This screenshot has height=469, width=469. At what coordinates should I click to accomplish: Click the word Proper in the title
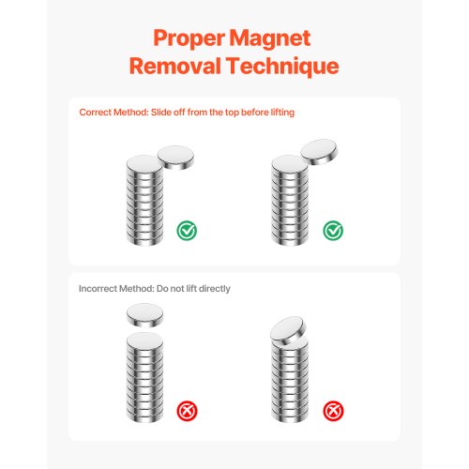point(189,39)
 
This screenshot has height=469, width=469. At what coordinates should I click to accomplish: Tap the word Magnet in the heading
point(270,39)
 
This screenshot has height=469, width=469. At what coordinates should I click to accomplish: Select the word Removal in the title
point(175,66)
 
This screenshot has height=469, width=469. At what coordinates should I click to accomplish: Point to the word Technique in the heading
point(282,67)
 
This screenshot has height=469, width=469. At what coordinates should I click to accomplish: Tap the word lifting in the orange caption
point(282,113)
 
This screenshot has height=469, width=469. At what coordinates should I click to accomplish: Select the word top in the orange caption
point(232,113)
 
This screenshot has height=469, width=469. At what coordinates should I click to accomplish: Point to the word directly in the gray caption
point(215,289)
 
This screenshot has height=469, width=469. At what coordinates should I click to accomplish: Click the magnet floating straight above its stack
point(144,315)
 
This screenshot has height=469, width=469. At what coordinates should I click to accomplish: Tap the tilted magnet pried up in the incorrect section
point(288,330)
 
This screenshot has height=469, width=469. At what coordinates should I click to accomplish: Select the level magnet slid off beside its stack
point(175,158)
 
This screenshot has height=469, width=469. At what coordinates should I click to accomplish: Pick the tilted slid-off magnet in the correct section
point(319,152)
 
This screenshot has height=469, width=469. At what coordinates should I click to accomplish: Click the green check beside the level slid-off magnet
point(187,231)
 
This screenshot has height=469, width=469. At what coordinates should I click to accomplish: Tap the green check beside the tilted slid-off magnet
point(333,231)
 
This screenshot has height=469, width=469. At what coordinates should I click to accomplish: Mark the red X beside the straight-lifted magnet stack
point(187,411)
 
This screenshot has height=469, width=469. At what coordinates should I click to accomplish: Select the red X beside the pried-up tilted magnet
point(333,411)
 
